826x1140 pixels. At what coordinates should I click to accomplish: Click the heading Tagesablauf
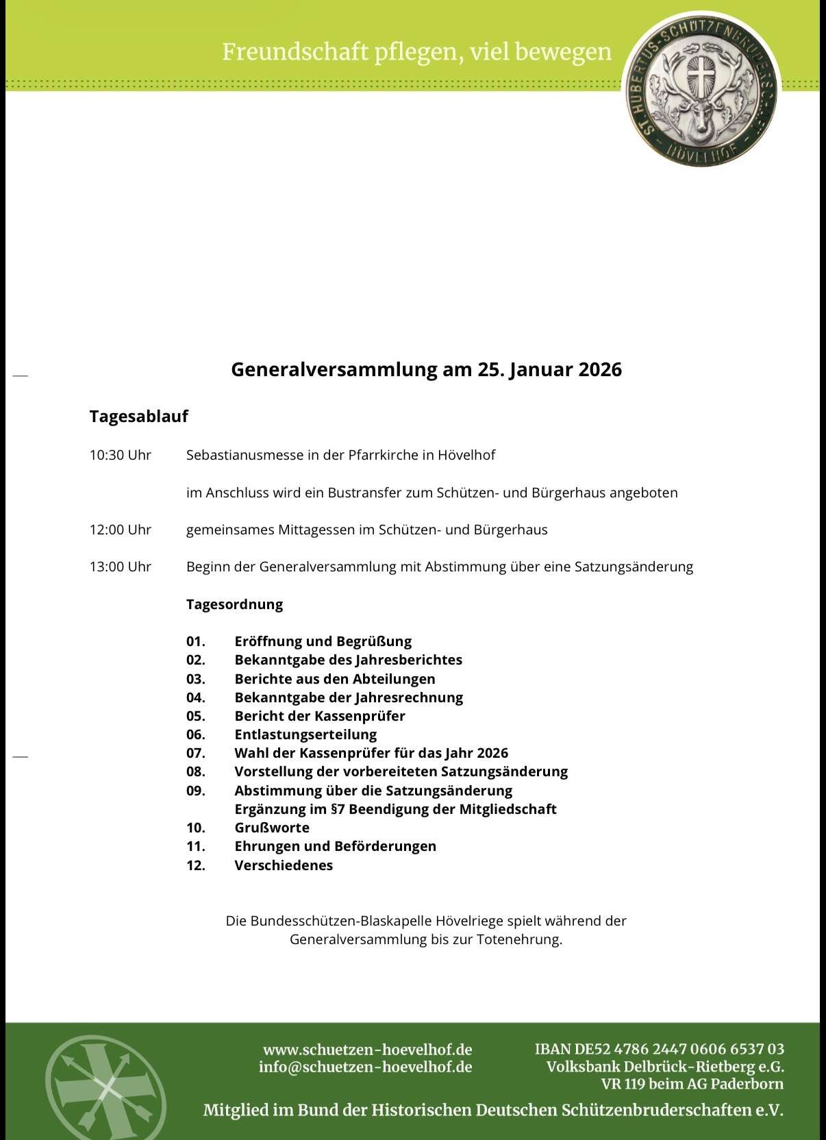[x=138, y=416]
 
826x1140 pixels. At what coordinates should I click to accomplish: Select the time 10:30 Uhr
[x=120, y=455]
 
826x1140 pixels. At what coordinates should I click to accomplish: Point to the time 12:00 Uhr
[x=120, y=530]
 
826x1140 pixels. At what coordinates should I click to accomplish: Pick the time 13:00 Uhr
[x=120, y=567]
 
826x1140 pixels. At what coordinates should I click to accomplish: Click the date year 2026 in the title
[x=600, y=369]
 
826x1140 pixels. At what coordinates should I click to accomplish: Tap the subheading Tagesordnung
[x=234, y=604]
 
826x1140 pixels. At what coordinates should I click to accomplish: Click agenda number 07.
[x=196, y=753]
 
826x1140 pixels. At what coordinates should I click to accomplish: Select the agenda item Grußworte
[x=272, y=828]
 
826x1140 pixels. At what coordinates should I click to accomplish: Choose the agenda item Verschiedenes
[x=284, y=865]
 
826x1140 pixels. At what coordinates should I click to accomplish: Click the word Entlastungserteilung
[x=305, y=734]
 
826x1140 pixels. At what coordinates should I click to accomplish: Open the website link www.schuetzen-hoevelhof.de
[x=367, y=1050]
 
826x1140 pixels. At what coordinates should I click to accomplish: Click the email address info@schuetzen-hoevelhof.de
[x=365, y=1067]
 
